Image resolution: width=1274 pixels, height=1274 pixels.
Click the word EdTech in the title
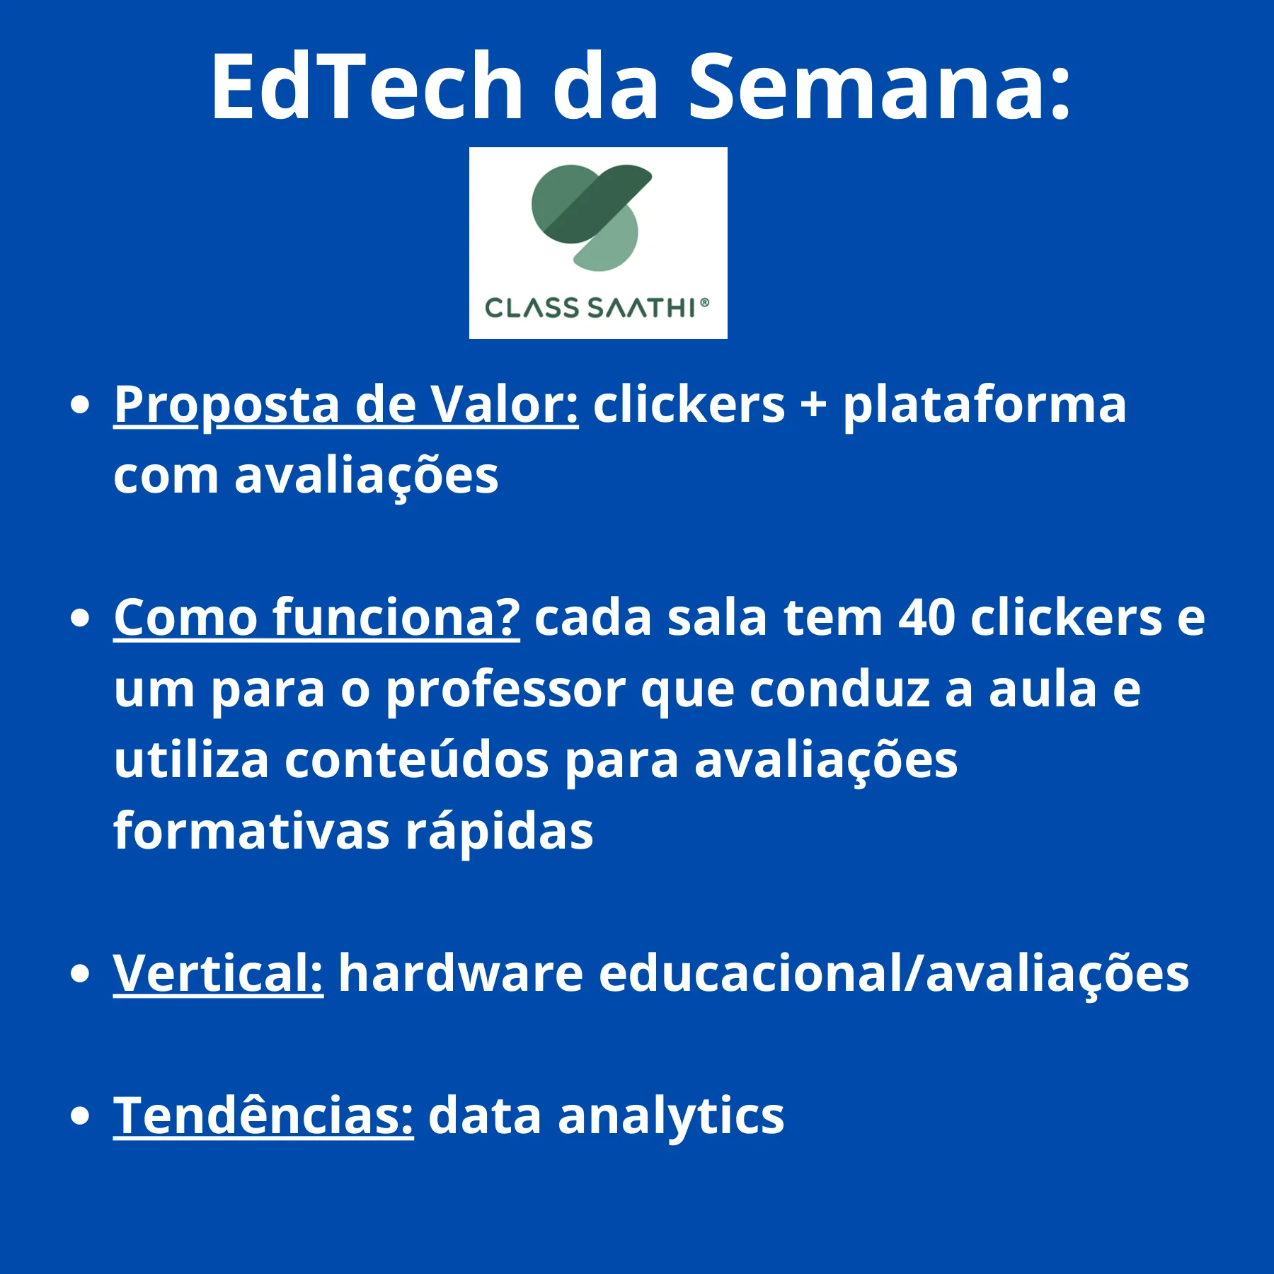click(x=367, y=86)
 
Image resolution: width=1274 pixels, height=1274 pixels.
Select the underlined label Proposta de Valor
click(x=346, y=406)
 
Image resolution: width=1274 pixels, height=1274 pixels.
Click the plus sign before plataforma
click(x=813, y=406)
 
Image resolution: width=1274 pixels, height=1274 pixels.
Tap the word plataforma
click(x=984, y=406)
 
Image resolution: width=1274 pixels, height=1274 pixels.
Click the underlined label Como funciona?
click(x=316, y=618)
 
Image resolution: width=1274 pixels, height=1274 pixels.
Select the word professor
click(x=505, y=690)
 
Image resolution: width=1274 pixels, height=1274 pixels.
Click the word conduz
click(x=839, y=689)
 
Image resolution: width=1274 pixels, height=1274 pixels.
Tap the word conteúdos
click(x=417, y=760)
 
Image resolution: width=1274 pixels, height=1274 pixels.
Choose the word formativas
click(x=251, y=831)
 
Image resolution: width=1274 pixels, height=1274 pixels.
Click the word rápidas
click(x=499, y=831)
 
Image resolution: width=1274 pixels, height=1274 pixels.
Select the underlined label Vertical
click(x=218, y=973)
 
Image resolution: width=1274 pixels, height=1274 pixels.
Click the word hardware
click(x=461, y=973)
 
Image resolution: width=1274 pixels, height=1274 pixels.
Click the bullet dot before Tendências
click(x=81, y=1116)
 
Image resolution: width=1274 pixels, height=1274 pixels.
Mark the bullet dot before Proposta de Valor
click(x=81, y=406)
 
